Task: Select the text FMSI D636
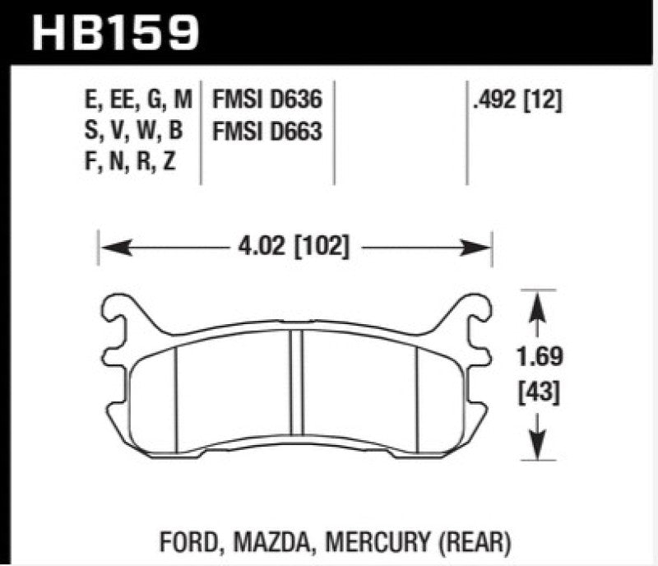click(x=266, y=101)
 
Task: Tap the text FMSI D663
click(x=266, y=131)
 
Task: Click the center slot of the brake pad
click(x=295, y=387)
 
